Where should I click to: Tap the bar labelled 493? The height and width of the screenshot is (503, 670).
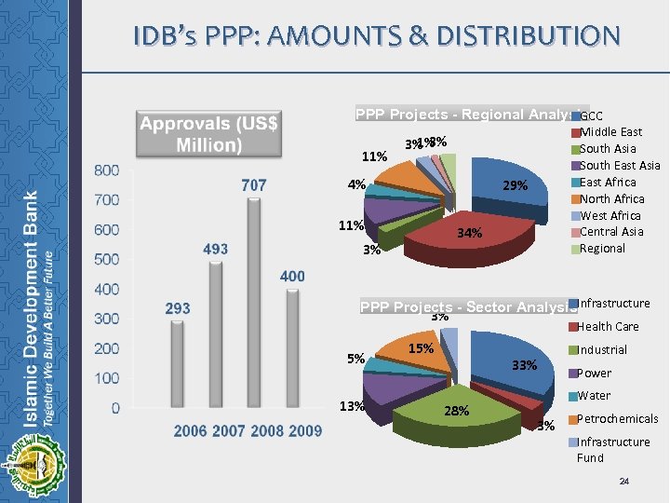[216, 335]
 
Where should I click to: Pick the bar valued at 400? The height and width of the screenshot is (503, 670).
[292, 349]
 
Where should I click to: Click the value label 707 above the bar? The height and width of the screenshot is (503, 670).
[253, 185]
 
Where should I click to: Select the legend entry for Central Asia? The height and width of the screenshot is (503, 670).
[611, 232]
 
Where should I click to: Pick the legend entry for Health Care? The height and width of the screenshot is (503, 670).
[609, 327]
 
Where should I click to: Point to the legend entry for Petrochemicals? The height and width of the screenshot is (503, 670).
[618, 419]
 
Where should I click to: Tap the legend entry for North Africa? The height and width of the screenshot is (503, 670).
[611, 198]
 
